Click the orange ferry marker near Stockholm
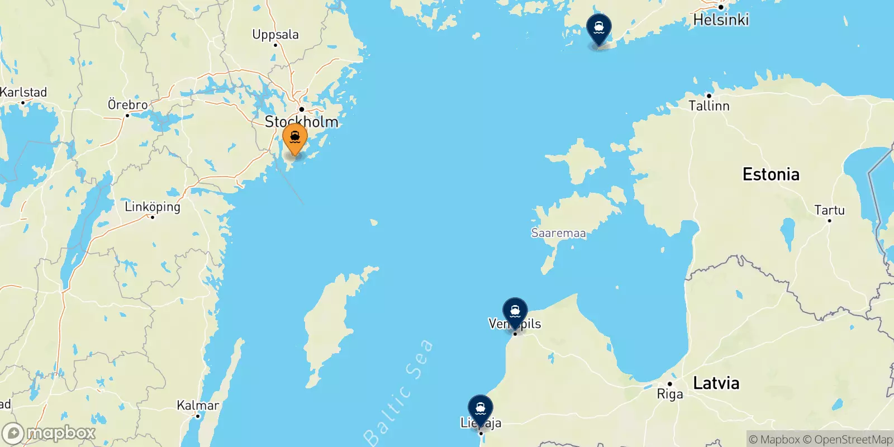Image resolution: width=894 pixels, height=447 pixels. (x=294, y=137)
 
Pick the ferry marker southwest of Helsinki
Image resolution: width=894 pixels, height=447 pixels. (x=598, y=28)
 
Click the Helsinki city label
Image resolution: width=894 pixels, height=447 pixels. (x=720, y=20)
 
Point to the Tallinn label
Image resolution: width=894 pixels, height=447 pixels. (x=708, y=106)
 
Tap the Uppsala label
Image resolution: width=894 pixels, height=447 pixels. (x=275, y=35)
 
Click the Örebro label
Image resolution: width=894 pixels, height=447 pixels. (x=127, y=104)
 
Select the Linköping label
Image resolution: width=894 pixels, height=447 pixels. (x=153, y=207)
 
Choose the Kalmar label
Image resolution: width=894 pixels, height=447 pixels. (x=198, y=405)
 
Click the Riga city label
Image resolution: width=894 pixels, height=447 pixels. (x=669, y=394)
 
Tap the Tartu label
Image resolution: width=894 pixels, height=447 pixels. (x=829, y=210)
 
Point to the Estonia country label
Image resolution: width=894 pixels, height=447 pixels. (x=771, y=174)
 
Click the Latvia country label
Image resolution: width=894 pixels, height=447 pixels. (x=716, y=383)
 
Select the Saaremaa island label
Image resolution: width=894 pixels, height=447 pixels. (x=558, y=233)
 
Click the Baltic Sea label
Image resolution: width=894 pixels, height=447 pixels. (x=398, y=391)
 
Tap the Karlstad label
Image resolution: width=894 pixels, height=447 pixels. (x=23, y=92)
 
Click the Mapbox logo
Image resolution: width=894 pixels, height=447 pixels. (x=49, y=433)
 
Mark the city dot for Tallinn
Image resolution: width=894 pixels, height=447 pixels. (x=708, y=96)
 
